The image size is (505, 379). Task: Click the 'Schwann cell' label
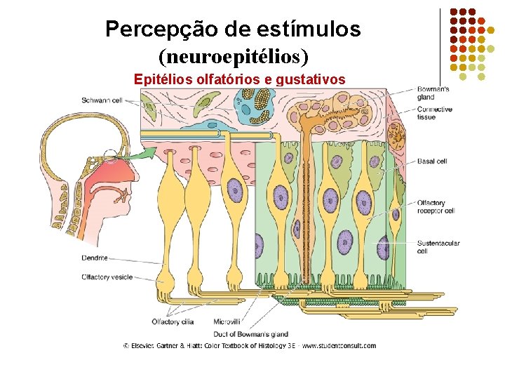tap(101, 100)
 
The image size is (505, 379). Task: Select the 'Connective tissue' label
tap(434, 113)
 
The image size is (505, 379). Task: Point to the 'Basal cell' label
tap(432, 161)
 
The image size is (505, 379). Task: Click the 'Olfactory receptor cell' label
tap(436, 207)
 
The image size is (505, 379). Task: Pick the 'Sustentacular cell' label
tap(438, 247)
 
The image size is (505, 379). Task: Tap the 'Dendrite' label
tap(95, 258)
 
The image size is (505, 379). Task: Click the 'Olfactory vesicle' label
tap(107, 277)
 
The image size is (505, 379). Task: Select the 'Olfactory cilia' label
tap(172, 322)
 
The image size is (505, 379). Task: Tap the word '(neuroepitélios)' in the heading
tap(234, 54)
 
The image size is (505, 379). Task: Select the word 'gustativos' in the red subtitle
tap(311, 79)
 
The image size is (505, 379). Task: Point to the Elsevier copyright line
tap(250, 345)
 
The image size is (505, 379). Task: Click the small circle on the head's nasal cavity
tap(109, 156)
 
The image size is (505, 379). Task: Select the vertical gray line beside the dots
tap(440, 46)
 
